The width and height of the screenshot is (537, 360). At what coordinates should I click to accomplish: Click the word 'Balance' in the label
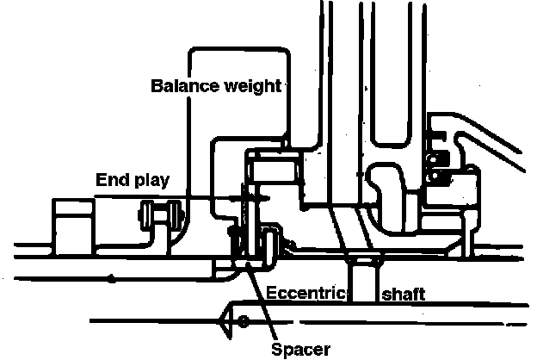[x=181, y=86]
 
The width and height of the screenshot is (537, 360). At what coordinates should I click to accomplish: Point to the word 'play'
[x=150, y=181]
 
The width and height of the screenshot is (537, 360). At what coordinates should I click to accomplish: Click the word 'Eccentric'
[x=305, y=293]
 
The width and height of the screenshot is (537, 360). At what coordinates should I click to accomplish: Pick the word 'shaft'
[x=403, y=293]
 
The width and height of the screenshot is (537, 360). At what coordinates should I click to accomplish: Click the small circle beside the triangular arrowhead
[x=244, y=322]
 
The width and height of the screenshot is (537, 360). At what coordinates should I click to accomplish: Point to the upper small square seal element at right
[x=436, y=157]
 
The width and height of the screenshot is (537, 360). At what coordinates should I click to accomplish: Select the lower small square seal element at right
[x=436, y=177]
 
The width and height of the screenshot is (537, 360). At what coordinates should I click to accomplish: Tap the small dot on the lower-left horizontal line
[x=112, y=277]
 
